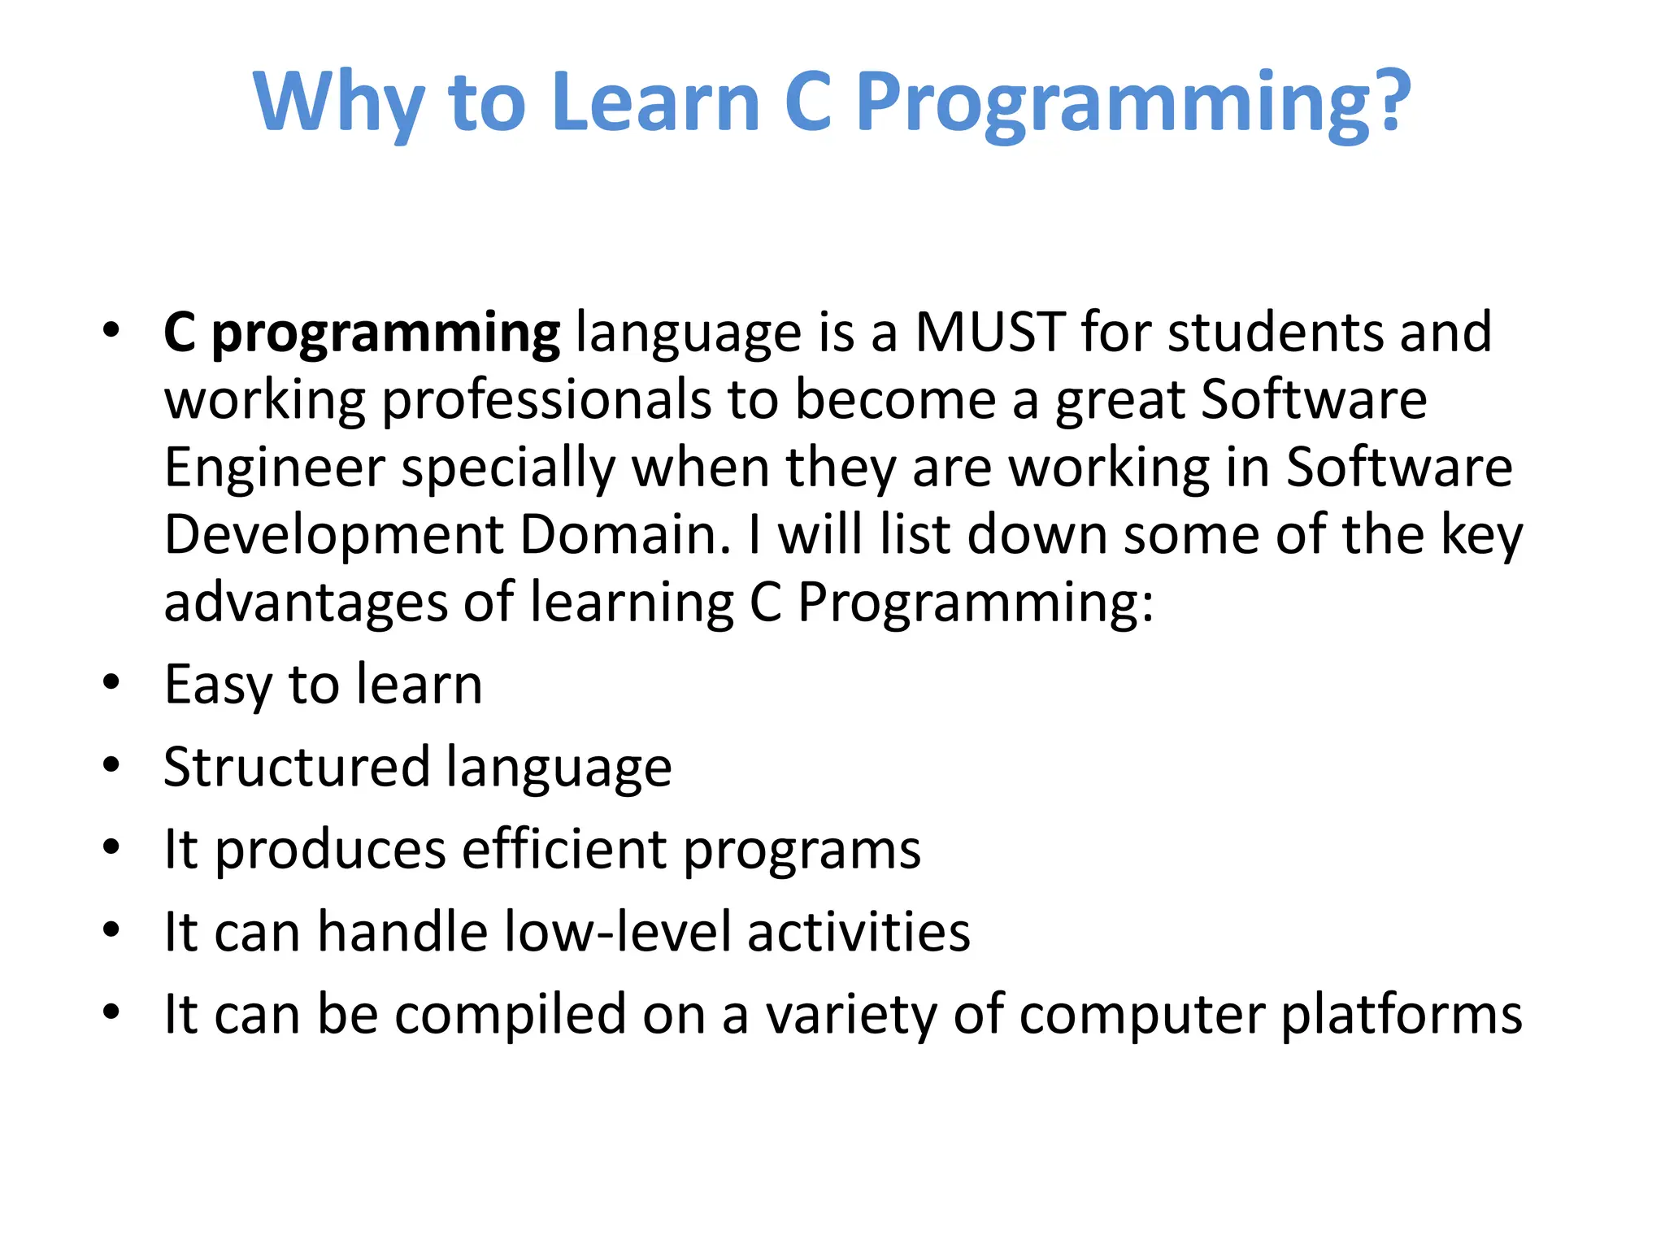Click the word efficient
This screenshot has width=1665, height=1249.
point(564,849)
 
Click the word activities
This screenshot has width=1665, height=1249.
point(859,931)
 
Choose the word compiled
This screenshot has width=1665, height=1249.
point(510,1015)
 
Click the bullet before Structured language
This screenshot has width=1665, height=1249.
point(111,764)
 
